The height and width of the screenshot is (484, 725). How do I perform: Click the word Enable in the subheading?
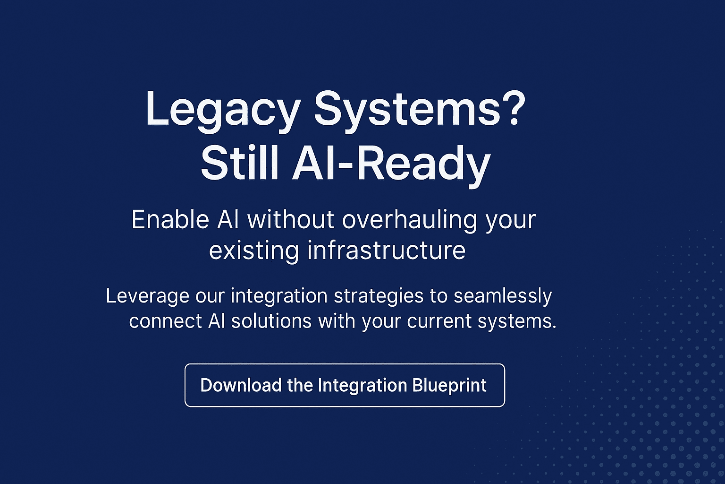pos(170,220)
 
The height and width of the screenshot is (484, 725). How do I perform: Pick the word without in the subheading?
pos(291,220)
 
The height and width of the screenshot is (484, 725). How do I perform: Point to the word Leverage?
pos(148,297)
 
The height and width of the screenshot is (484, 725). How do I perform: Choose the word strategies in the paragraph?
pos(379,297)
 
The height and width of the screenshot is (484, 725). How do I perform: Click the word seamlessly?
pos(503,297)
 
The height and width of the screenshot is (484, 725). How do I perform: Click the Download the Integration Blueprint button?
pos(345,385)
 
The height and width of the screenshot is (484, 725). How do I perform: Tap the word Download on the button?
pos(241,385)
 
